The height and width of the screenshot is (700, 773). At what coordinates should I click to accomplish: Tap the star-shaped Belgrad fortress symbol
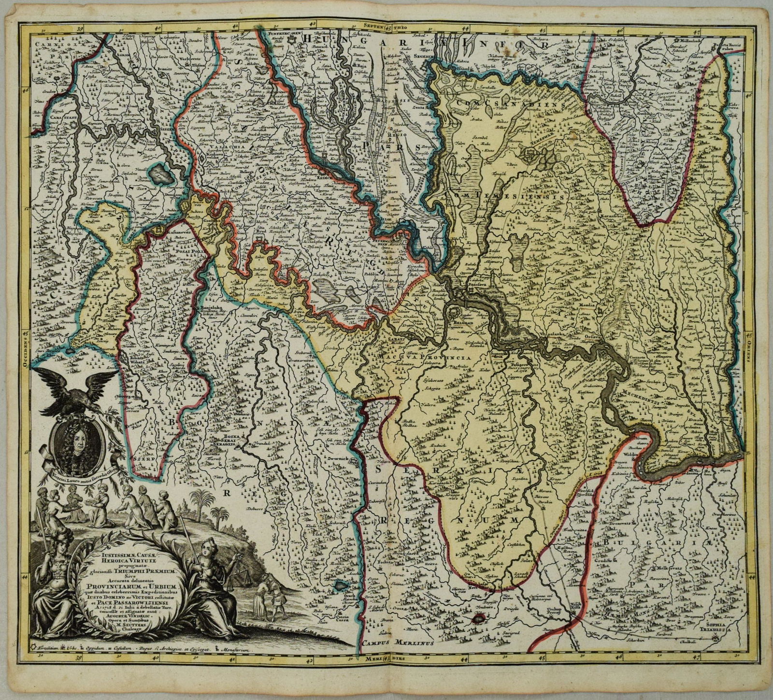[454, 309]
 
